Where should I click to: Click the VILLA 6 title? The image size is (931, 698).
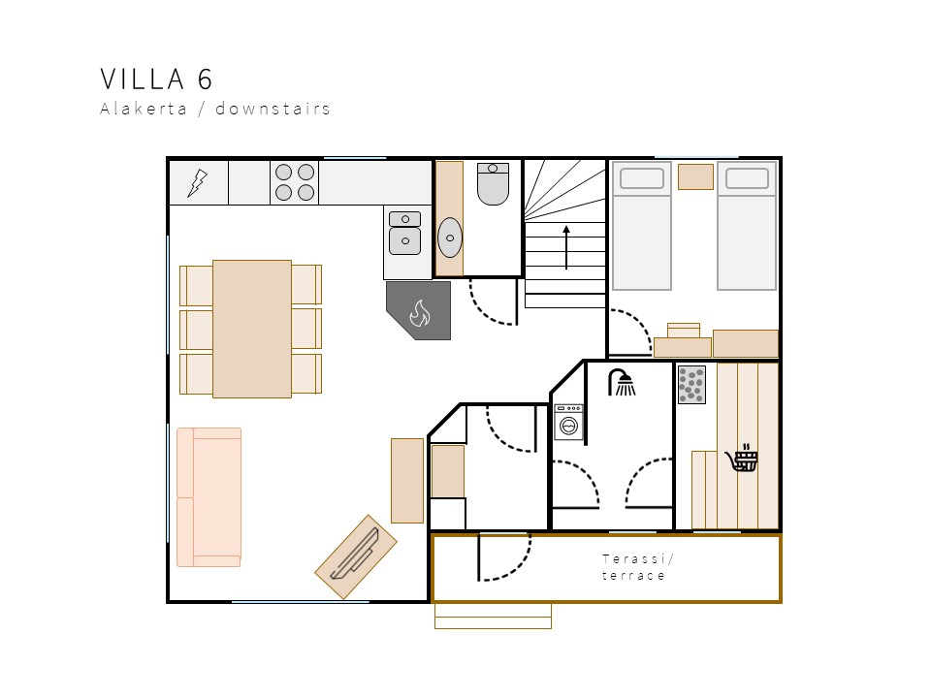pos(156,79)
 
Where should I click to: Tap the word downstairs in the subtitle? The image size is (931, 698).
pos(273,109)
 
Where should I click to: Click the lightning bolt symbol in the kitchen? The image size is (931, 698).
pos(197,183)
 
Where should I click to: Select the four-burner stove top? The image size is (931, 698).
pos(295,182)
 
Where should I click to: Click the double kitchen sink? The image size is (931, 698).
pos(405,234)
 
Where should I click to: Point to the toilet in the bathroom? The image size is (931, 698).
pos(493,184)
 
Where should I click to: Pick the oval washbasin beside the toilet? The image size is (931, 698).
pos(449,238)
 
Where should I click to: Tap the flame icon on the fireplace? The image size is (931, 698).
pos(420,313)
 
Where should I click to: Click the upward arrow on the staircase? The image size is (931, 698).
pos(566,246)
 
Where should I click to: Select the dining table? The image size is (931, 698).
pos(252,329)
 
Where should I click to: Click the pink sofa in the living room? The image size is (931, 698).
pos(209,497)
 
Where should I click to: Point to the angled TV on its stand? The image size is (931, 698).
pos(356,556)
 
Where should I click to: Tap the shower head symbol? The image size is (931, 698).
pos(622,382)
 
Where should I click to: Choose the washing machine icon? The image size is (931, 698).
pos(568,422)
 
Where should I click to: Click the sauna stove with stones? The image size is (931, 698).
pos(691,385)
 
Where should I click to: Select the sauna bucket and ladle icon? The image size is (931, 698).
pos(742,458)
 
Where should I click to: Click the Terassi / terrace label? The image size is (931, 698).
pos(636,567)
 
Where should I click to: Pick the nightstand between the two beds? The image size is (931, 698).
pos(695,176)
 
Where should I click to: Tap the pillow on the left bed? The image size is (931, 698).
pos(642,178)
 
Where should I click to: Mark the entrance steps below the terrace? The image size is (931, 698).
pos(493,617)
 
